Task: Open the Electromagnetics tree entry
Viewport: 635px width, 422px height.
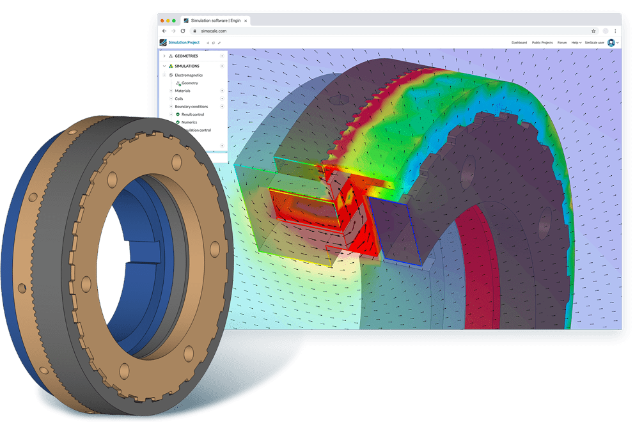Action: pyautogui.click(x=189, y=75)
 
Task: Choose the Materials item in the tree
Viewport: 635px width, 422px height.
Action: pyautogui.click(x=182, y=91)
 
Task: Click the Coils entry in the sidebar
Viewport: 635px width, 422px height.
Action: pyautogui.click(x=179, y=98)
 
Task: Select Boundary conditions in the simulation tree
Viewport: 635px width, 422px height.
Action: pyautogui.click(x=191, y=106)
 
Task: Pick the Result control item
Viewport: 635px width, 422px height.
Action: pyautogui.click(x=192, y=114)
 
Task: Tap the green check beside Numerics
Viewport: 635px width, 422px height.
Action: pyautogui.click(x=178, y=122)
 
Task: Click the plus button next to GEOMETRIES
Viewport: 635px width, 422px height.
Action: pyautogui.click(x=222, y=56)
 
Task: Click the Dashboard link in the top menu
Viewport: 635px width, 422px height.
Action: pyautogui.click(x=519, y=43)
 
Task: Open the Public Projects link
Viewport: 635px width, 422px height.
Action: pyautogui.click(x=542, y=43)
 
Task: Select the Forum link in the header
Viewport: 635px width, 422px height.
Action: pyautogui.click(x=562, y=43)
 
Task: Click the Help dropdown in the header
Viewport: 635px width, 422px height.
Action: pyautogui.click(x=576, y=43)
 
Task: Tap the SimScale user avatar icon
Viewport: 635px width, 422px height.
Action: pyautogui.click(x=611, y=43)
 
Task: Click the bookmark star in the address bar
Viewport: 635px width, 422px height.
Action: pyautogui.click(x=593, y=31)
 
